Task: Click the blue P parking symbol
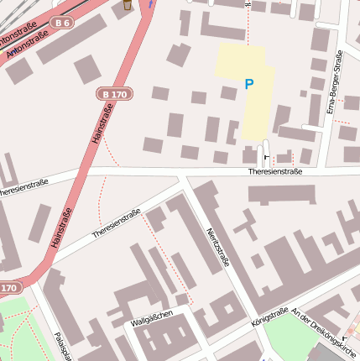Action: click(248, 84)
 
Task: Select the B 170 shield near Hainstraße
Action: click(112, 94)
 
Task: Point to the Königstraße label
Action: click(269, 317)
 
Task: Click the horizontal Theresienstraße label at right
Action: click(275, 171)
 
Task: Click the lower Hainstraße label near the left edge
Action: click(61, 227)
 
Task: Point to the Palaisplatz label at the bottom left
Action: click(60, 346)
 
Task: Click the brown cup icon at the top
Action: click(128, 5)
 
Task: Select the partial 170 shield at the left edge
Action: click(8, 288)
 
